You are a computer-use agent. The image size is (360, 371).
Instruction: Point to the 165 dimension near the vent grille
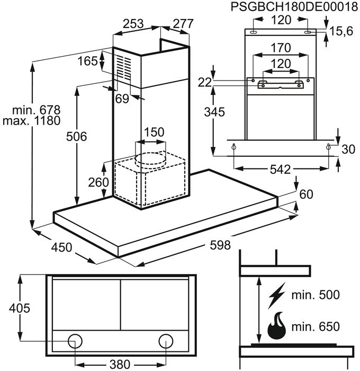click(x=87, y=61)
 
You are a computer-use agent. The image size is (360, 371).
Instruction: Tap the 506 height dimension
click(x=77, y=137)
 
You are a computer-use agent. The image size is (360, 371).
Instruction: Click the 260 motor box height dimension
click(x=98, y=182)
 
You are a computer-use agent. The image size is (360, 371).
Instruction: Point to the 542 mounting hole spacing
click(x=280, y=170)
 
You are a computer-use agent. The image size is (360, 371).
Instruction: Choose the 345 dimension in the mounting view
click(x=215, y=112)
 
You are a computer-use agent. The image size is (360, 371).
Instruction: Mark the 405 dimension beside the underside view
click(x=19, y=307)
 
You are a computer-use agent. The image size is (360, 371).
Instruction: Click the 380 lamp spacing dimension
click(x=121, y=365)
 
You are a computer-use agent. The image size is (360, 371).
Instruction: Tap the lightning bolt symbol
click(x=277, y=293)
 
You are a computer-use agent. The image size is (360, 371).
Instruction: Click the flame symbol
click(x=277, y=325)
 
